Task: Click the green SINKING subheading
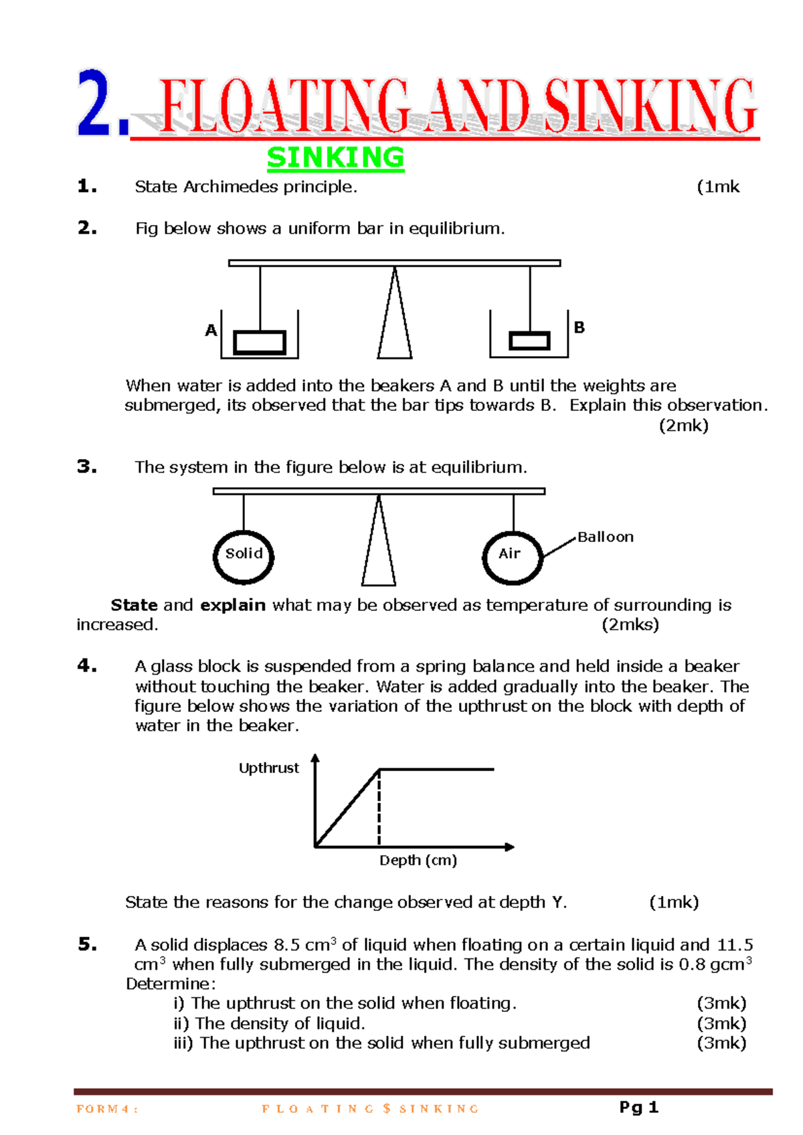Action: pos(335,158)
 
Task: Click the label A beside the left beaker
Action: pos(211,330)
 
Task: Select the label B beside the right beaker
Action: pos(579,327)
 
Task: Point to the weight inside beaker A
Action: pos(260,342)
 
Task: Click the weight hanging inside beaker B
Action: pos(529,341)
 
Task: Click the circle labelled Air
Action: pos(512,557)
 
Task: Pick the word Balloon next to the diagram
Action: pos(606,537)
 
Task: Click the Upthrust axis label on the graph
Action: pos(268,768)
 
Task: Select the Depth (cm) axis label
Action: pos(418,860)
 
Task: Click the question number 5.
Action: pos(87,944)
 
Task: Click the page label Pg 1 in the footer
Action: pos(638,1108)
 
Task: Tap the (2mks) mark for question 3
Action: pos(630,624)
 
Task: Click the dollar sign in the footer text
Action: pos(387,1108)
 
